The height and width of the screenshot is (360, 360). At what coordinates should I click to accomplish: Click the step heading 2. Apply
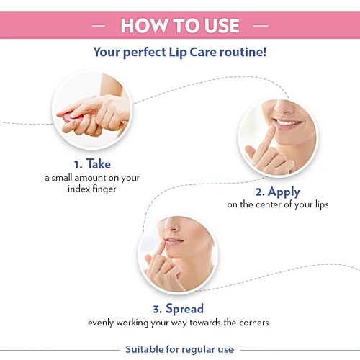click(277, 192)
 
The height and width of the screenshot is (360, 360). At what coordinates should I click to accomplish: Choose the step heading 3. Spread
click(178, 308)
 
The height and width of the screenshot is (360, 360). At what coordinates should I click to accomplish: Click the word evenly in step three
click(102, 323)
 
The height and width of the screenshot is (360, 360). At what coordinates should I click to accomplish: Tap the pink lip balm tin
click(66, 116)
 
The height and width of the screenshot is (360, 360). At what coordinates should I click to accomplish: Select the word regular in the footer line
click(197, 349)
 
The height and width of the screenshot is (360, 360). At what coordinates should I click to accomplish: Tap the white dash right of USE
click(260, 26)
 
